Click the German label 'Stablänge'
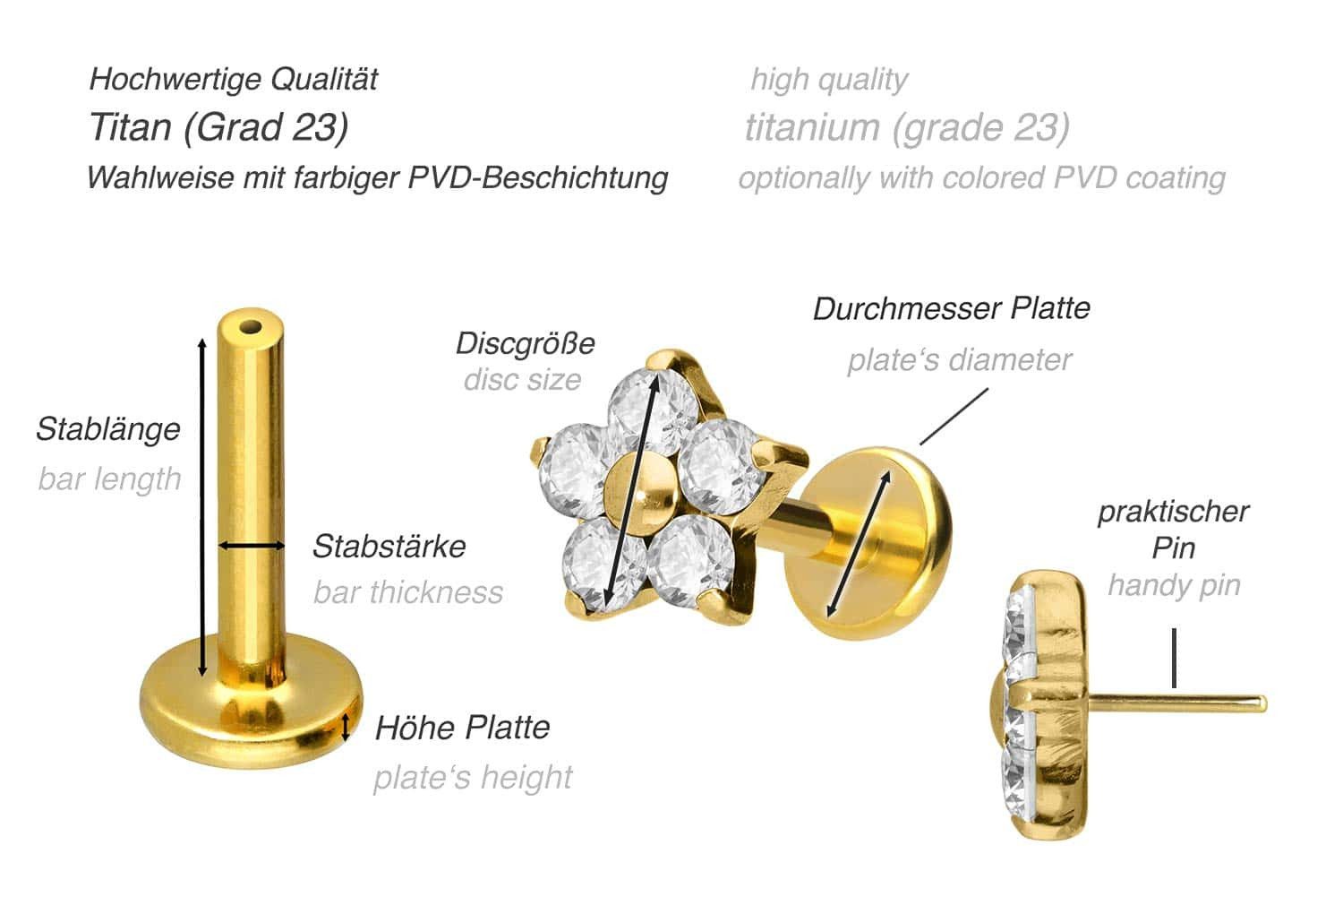[x=107, y=429]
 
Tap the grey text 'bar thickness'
[x=407, y=592]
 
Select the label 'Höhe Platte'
[x=461, y=727]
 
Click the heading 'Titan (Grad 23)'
[x=218, y=127]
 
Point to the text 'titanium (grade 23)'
[x=906, y=127]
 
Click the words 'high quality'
[x=828, y=80]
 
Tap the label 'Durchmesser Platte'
[x=951, y=308]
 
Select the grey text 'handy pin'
[x=1173, y=585]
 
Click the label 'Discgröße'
[x=525, y=343]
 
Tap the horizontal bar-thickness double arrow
[x=252, y=545]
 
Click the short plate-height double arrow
[x=346, y=727]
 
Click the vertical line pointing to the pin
[x=1173, y=659]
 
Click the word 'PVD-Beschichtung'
[x=537, y=177]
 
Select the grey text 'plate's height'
[x=472, y=777]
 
